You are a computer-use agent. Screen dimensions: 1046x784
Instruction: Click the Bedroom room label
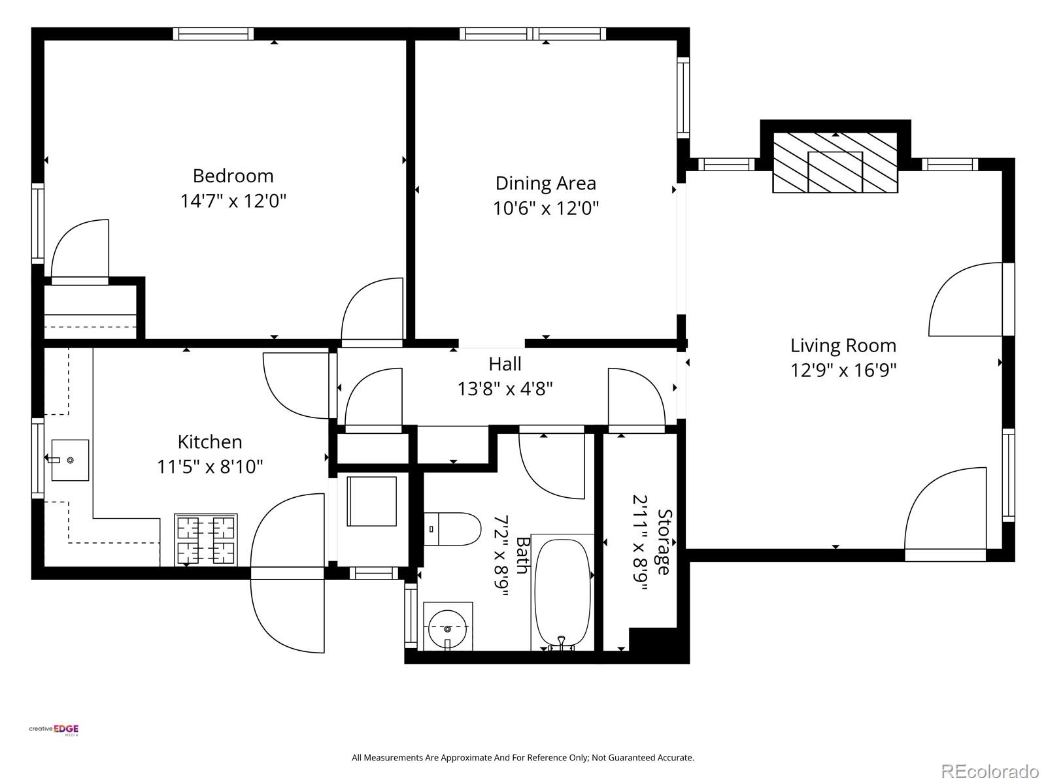(x=233, y=176)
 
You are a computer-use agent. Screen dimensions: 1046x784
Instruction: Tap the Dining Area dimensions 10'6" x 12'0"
(x=546, y=208)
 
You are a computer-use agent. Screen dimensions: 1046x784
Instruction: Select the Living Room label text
(x=843, y=346)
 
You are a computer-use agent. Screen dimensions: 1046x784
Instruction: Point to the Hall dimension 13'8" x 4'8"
(x=505, y=389)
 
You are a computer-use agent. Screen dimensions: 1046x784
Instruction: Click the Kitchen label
(x=210, y=442)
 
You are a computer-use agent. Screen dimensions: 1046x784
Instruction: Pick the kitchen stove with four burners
(x=206, y=540)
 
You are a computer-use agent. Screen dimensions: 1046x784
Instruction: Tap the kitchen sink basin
(x=70, y=460)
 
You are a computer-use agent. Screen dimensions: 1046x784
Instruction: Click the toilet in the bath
(x=452, y=529)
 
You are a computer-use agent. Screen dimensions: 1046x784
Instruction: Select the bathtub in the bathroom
(x=562, y=593)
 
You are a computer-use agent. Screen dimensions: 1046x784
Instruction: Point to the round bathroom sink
(x=447, y=628)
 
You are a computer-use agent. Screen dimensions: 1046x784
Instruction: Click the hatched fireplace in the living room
(x=835, y=163)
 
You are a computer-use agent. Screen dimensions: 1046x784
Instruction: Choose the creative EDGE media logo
(x=54, y=730)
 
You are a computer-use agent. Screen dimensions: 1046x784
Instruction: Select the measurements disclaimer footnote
(x=523, y=757)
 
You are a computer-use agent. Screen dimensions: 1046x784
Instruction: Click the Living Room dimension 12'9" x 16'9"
(x=843, y=370)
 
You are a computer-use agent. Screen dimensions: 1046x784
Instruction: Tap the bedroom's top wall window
(x=213, y=34)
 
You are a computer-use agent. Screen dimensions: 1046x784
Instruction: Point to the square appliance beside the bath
(x=372, y=501)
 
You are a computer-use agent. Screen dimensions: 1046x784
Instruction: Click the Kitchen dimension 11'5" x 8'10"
(x=210, y=467)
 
